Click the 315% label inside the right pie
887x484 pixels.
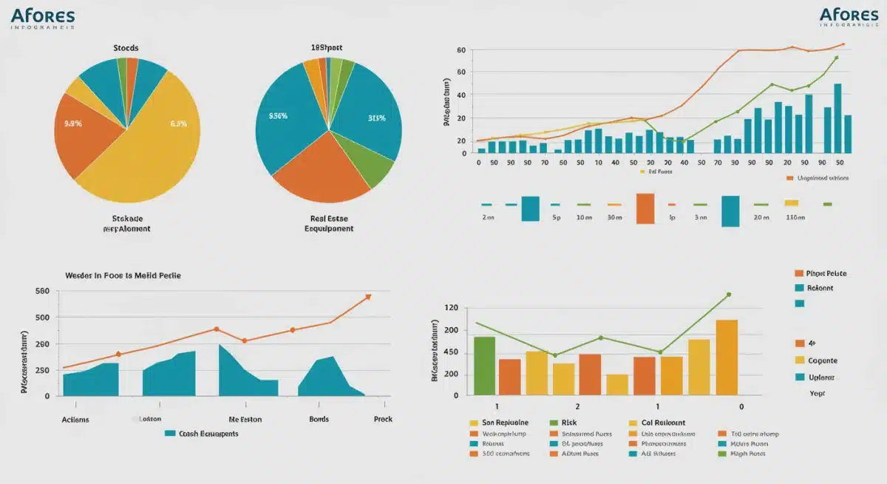click(377, 118)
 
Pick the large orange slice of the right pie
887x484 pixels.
click(322, 170)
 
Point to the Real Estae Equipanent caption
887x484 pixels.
click(329, 223)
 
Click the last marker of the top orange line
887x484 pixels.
click(843, 44)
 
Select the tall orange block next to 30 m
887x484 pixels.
click(645, 208)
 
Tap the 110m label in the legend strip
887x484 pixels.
click(795, 219)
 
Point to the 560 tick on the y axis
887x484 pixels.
click(42, 292)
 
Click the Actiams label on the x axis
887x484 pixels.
click(75, 419)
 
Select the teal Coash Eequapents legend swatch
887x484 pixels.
click(170, 434)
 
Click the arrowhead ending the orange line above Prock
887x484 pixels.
click(368, 297)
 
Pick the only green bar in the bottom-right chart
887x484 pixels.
click(484, 366)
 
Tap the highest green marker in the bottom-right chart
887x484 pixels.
click(728, 295)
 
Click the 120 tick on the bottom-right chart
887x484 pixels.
click(450, 308)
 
